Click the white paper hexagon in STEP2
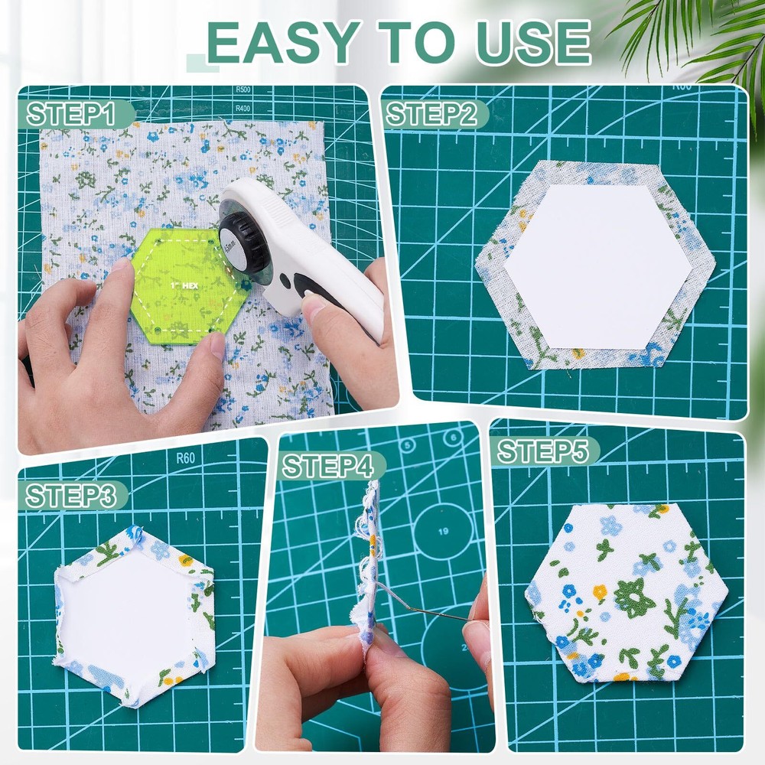tap(597, 267)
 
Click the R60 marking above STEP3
tap(185, 459)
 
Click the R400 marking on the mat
tap(243, 109)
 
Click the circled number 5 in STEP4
tap(409, 445)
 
